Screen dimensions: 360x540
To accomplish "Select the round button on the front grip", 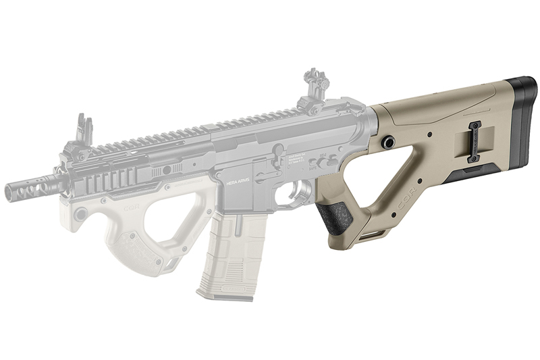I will (x=81, y=215).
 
